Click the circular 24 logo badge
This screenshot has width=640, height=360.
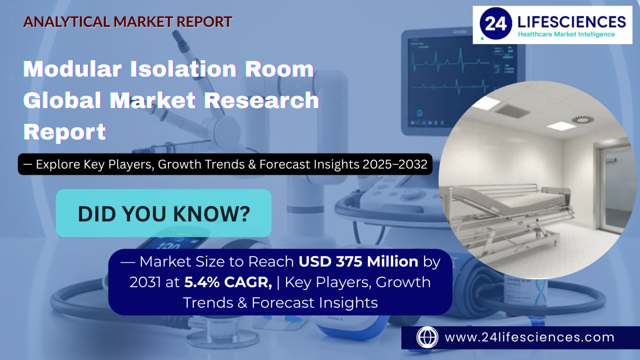click(x=495, y=23)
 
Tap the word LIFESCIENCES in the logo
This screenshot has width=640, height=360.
click(x=571, y=21)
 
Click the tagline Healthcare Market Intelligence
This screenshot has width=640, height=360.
click(x=566, y=34)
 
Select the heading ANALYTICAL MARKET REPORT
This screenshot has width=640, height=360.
click(x=127, y=22)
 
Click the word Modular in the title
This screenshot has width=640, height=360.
click(x=72, y=69)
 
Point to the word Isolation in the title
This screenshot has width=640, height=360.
click(x=183, y=69)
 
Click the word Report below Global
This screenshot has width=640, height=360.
click(x=64, y=132)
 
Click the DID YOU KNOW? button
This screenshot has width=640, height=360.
click(x=163, y=213)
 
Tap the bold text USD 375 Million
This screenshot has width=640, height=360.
click(x=358, y=261)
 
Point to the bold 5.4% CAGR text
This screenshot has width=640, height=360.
click(x=228, y=282)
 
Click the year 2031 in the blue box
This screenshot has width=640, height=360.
click(x=144, y=282)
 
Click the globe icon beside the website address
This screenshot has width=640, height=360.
click(x=427, y=337)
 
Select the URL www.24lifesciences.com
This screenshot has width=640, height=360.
click(x=529, y=337)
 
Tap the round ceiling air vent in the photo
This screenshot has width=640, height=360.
click(x=582, y=119)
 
